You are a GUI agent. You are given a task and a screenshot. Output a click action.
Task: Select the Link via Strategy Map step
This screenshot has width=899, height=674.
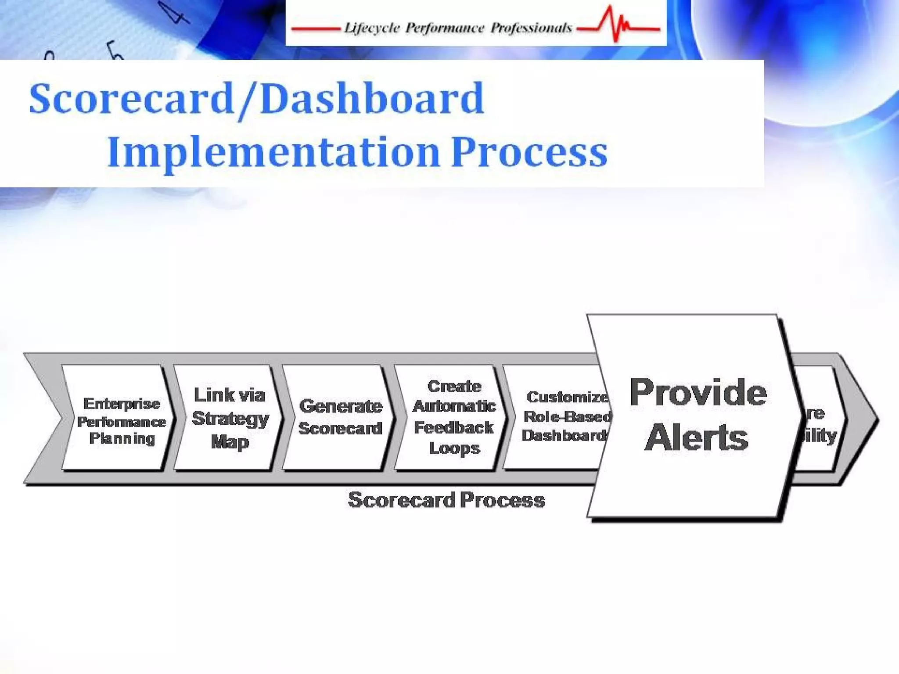tap(230, 418)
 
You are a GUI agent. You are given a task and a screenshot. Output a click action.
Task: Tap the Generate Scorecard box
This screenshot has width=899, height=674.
tap(340, 417)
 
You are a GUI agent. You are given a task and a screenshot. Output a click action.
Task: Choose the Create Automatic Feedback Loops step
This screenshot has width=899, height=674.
tap(454, 417)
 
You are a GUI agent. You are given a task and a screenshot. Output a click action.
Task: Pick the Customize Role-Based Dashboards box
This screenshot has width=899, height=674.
tap(564, 416)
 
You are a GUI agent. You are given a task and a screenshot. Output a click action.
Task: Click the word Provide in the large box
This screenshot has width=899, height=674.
tap(698, 392)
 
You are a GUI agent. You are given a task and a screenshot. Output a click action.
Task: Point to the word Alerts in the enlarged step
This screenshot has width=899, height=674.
tap(697, 437)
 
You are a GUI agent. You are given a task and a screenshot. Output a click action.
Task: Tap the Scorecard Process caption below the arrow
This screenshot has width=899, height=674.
tap(446, 500)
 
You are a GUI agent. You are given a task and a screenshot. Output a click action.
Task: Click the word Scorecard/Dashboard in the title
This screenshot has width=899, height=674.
tap(257, 98)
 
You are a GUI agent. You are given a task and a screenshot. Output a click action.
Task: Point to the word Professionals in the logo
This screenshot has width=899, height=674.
tap(531, 29)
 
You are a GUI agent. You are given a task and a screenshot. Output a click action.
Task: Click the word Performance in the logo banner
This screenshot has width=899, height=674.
tap(445, 29)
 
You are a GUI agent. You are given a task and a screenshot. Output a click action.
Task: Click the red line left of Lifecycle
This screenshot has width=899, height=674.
tap(315, 29)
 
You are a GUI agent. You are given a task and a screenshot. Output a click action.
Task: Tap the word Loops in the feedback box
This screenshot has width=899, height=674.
tap(454, 448)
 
